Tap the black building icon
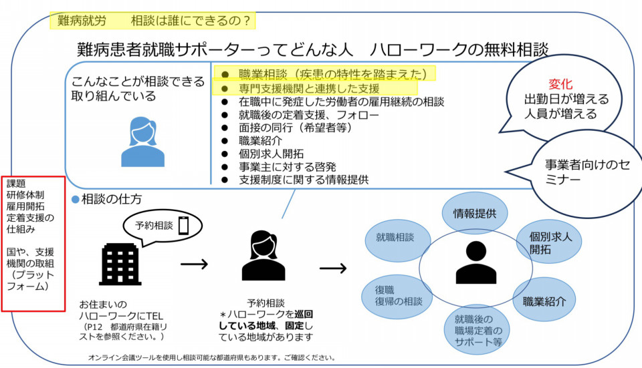(120, 263)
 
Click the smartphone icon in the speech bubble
(183, 227)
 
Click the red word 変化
(560, 84)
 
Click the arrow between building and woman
(195, 264)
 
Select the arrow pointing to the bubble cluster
(333, 268)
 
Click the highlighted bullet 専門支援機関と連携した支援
(309, 88)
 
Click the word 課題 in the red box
(18, 184)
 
